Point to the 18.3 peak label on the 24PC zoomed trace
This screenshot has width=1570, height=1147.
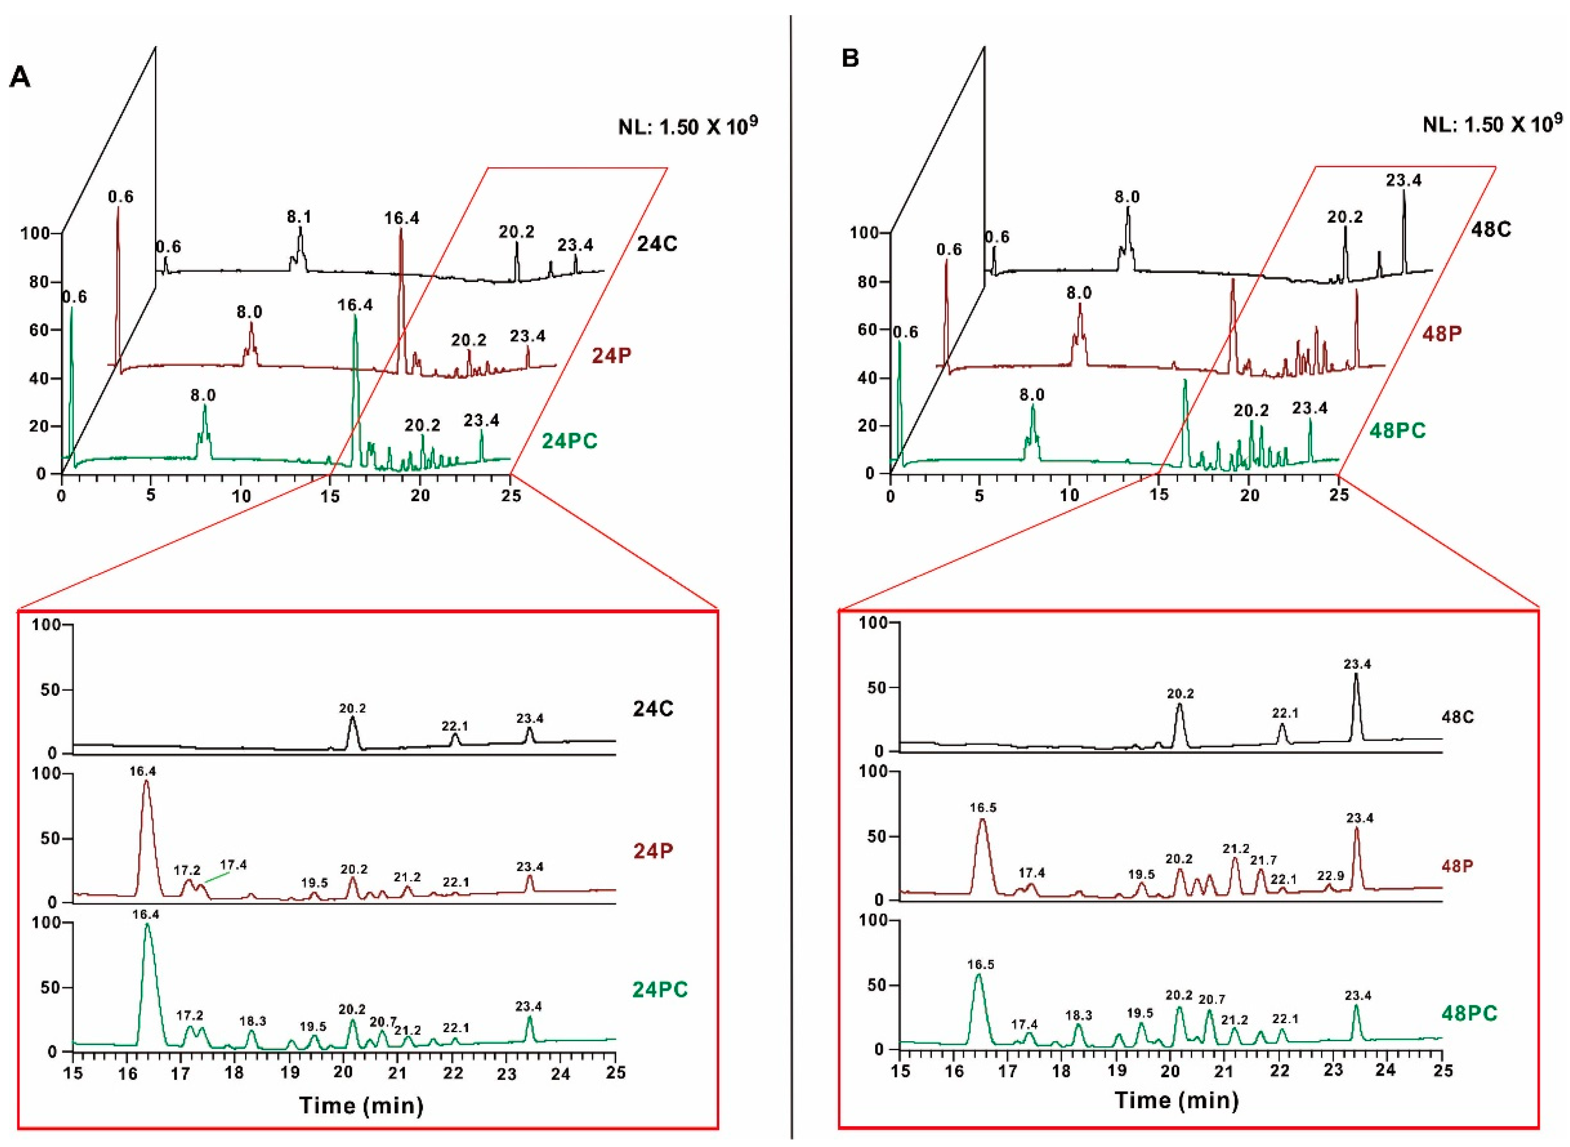point(253,1022)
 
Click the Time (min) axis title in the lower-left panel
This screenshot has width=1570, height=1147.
point(362,1105)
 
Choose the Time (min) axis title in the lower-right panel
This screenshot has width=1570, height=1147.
point(1177,1100)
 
